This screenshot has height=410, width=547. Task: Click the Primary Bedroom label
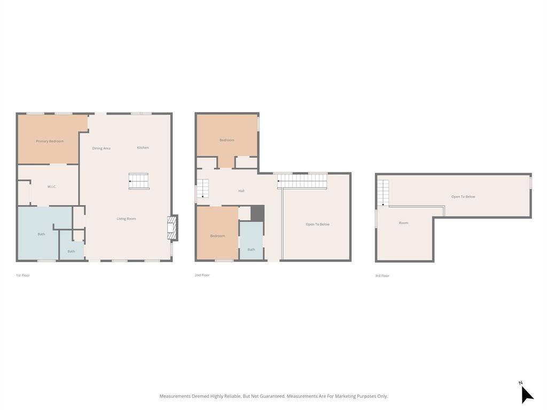coord(50,141)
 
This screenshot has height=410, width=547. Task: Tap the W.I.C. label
coord(52,187)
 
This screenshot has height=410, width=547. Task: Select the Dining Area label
coord(101,148)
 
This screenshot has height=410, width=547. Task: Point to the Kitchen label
coord(143,147)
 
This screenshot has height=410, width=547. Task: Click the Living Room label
coord(126,218)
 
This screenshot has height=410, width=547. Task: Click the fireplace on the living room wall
coord(173,227)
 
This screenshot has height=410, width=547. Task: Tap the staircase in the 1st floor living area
coord(139,182)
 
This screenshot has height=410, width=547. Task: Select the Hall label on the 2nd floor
coord(241,191)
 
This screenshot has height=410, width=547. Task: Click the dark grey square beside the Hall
coord(257,213)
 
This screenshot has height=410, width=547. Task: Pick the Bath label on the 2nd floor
coord(251,250)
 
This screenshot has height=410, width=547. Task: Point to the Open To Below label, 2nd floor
coord(317,224)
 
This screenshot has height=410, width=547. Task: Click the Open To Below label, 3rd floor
coord(463,196)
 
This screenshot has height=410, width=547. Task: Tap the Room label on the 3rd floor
coord(403,223)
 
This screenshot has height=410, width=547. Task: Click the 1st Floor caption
coord(22,275)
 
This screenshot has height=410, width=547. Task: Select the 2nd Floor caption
coord(202,275)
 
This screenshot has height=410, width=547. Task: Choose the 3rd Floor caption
coord(382,276)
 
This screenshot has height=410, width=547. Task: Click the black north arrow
coord(526,395)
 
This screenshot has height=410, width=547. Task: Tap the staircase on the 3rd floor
coord(383,193)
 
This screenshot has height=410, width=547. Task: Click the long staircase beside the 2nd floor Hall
coord(302,182)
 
